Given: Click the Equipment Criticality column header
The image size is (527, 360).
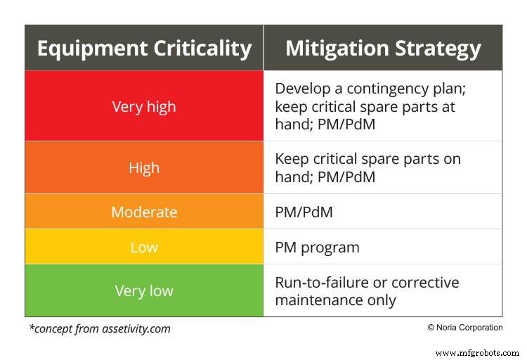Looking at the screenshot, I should click(144, 49).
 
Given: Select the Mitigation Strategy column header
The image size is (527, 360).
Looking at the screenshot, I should click(383, 49).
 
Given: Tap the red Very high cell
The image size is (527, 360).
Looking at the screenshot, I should click(144, 107).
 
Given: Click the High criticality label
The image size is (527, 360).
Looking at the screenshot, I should click(144, 168).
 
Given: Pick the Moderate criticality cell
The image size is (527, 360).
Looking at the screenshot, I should click(144, 212).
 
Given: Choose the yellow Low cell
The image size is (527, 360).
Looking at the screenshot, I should click(144, 247).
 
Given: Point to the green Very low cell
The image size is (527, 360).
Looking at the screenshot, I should click(144, 291).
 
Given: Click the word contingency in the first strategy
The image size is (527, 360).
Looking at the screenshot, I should click(387, 89).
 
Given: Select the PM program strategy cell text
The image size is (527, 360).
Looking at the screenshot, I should click(317, 247).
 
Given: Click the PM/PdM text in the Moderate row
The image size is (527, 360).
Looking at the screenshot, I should click(304, 212).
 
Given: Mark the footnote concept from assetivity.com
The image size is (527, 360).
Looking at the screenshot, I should click(99, 328).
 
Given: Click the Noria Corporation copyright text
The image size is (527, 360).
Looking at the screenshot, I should click(464, 328).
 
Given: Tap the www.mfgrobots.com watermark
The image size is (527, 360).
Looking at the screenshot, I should click(477, 352).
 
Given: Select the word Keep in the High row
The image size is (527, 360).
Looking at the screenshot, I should click(291, 159).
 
